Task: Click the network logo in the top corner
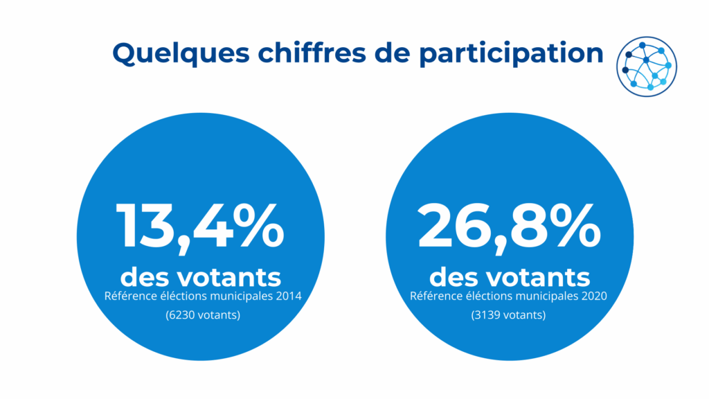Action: (647, 66)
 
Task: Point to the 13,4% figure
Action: (200, 225)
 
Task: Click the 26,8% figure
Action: (509, 225)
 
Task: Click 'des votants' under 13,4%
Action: (200, 277)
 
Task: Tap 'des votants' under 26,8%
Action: (510, 277)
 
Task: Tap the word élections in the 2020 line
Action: (482, 296)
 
